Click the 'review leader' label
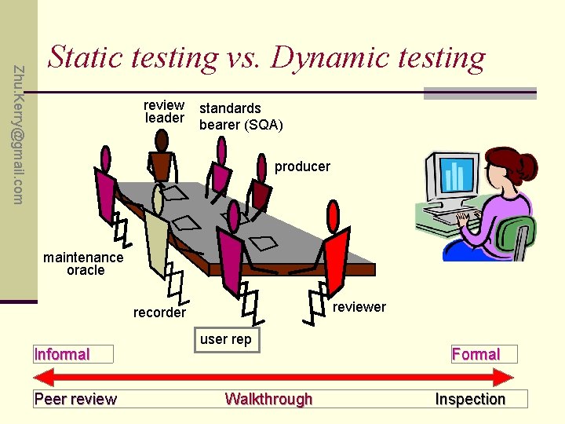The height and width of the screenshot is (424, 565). [164, 111]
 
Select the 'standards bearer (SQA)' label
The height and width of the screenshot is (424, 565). [241, 116]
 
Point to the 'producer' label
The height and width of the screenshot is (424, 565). [302, 166]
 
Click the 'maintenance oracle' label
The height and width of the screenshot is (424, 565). [83, 263]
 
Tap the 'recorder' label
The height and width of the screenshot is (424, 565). [159, 313]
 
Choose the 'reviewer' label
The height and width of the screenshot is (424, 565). [359, 307]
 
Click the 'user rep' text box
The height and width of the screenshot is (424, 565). [225, 340]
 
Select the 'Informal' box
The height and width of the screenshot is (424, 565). [73, 354]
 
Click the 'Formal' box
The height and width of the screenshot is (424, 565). [476, 354]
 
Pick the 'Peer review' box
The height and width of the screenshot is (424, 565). [75, 399]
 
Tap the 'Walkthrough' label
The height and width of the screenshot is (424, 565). [268, 399]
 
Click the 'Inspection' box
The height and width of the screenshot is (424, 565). [470, 399]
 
